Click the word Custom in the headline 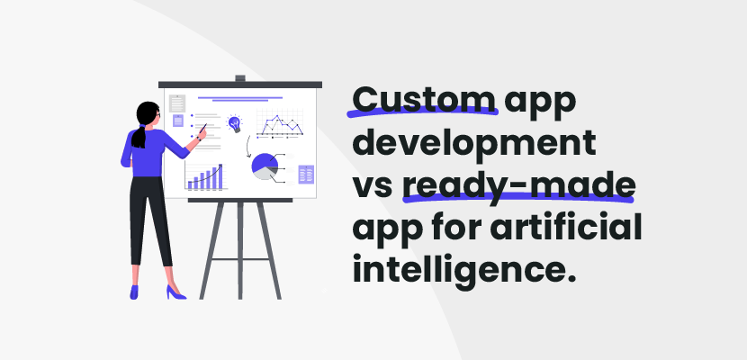click(424, 96)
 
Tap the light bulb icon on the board click(235, 122)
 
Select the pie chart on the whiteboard click(265, 166)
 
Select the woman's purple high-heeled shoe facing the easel click(174, 292)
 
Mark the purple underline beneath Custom click(424, 112)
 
